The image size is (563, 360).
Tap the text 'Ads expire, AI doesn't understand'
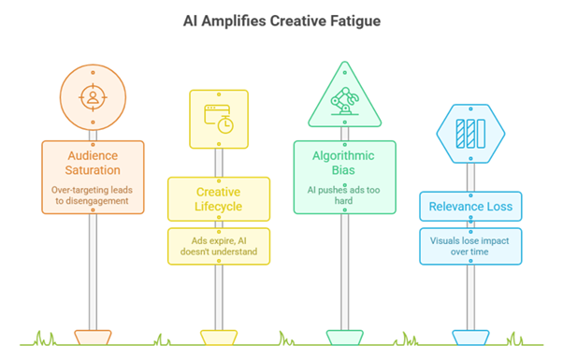click(219, 245)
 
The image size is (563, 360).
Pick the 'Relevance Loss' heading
click(470, 207)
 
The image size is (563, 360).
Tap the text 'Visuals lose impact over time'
click(470, 245)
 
